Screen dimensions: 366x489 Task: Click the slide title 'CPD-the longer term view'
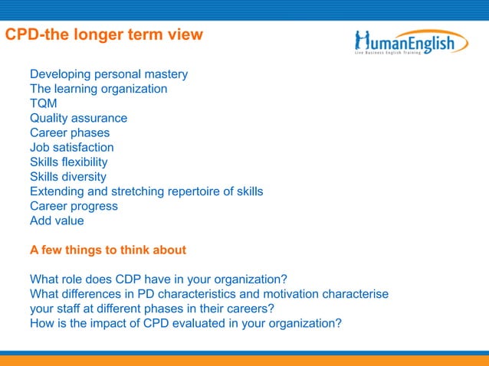[x=104, y=35]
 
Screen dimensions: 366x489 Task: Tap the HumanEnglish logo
[x=411, y=41]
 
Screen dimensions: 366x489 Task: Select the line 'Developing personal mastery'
[x=109, y=75]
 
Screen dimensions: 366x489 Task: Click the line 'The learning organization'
[x=98, y=90]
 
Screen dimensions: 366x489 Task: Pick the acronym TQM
[x=44, y=104]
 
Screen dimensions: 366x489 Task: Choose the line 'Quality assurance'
[x=78, y=119]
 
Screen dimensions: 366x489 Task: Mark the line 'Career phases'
[x=70, y=133]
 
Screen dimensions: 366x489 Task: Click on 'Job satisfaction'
[x=71, y=148]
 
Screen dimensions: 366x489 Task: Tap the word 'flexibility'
[x=84, y=162]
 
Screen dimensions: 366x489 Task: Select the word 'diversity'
[x=84, y=177]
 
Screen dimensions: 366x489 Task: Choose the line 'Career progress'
[x=74, y=206]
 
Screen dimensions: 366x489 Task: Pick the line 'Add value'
[x=57, y=221]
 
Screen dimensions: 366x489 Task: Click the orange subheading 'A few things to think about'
[x=108, y=250]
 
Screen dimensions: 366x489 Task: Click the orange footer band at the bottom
[x=244, y=361]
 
